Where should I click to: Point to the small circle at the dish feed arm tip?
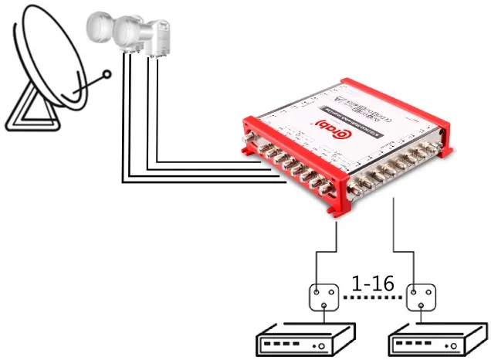click(108, 75)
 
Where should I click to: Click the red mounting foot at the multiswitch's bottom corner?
click(337, 207)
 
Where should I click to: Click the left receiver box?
click(305, 341)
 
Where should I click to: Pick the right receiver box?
click(436, 341)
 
